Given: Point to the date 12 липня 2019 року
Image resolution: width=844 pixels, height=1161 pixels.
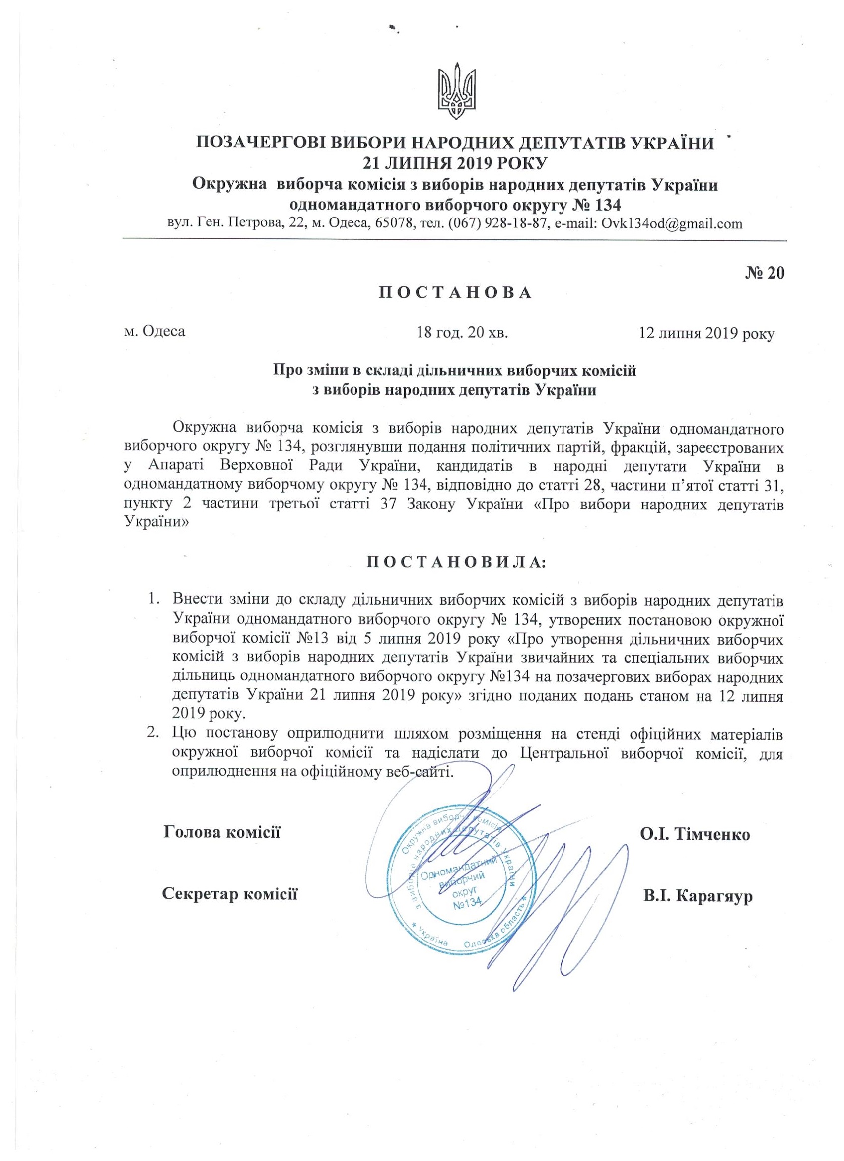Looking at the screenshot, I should pos(706,334).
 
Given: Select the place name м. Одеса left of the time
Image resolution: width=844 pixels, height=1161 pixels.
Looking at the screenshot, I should pos(154,332).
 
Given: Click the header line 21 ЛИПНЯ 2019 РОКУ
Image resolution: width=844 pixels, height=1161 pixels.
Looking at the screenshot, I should pos(455,163).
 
